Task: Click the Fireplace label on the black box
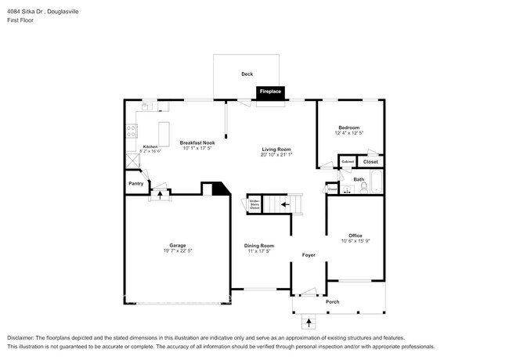(270, 92)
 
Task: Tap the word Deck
(247, 74)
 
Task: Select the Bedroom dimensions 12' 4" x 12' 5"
(349, 133)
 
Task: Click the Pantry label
(135, 184)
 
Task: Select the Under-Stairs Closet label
(254, 205)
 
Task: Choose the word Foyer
(309, 255)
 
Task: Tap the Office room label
(355, 235)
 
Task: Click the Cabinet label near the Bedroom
(347, 162)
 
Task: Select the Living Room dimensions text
(276, 154)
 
